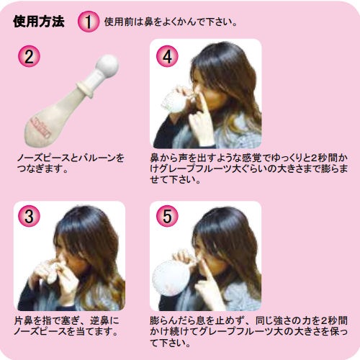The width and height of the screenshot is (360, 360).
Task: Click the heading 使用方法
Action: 39,22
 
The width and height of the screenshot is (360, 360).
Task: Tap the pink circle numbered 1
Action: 89,22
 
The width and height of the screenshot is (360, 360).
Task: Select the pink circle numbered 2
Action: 29,57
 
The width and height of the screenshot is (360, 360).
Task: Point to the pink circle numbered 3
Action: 29,216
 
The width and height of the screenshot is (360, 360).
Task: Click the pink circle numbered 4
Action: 167,57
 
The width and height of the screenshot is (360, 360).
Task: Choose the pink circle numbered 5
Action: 167,216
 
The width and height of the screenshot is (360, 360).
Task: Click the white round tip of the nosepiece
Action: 107,66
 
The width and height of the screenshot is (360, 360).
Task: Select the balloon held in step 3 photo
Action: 53,272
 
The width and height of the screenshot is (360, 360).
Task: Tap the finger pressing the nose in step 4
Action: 202,102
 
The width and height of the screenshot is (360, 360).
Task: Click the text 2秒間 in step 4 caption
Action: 325,158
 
